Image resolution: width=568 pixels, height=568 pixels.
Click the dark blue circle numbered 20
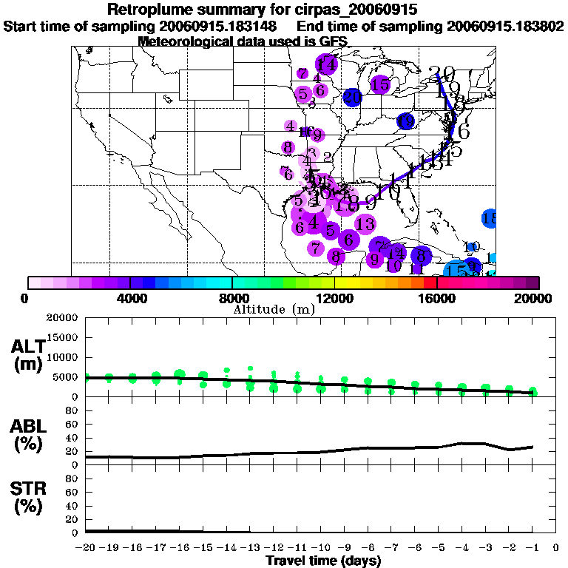(352, 96)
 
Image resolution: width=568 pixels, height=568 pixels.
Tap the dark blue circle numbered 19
(405, 121)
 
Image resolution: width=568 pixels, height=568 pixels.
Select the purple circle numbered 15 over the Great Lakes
(380, 85)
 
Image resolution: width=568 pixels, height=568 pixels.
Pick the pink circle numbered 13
(365, 223)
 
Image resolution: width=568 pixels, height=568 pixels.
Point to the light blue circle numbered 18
(489, 218)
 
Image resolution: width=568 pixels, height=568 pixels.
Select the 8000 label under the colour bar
(232, 298)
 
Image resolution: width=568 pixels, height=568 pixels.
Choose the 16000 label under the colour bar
(437, 298)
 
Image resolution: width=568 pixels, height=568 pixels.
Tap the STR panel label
(27, 496)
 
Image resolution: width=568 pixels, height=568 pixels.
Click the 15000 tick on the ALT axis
(65, 337)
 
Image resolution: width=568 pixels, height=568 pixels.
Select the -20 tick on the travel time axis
(87, 548)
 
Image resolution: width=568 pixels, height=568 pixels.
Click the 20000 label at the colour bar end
(538, 298)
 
